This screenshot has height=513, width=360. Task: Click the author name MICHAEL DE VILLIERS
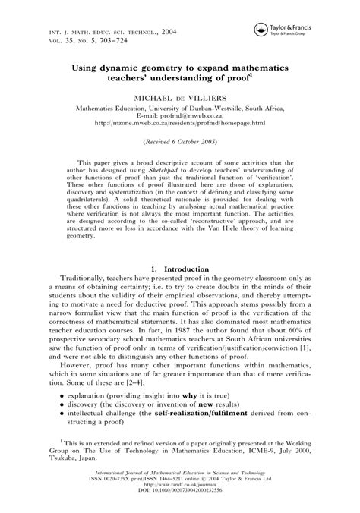tap(179, 98)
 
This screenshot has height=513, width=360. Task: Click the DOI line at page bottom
tap(179, 499)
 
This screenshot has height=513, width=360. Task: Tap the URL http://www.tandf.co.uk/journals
tap(179, 493)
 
